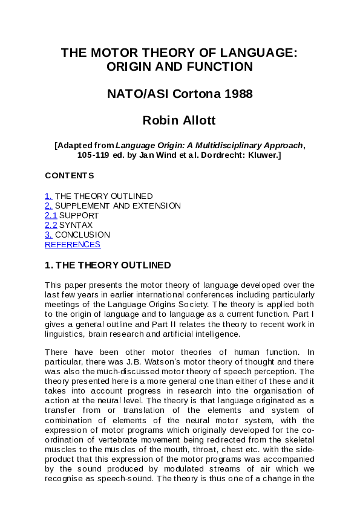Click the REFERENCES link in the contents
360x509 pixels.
pyautogui.click(x=73, y=245)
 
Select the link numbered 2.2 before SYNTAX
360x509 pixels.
pyautogui.click(x=51, y=225)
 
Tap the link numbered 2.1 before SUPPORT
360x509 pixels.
pyautogui.click(x=51, y=216)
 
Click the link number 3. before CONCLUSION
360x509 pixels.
pyautogui.click(x=48, y=235)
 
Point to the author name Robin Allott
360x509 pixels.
pyautogui.click(x=179, y=120)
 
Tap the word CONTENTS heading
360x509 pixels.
pyautogui.click(x=70, y=176)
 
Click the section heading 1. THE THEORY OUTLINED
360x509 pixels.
pyautogui.click(x=108, y=265)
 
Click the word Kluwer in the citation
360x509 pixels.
pyautogui.click(x=261, y=155)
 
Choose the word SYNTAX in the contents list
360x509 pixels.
pyautogui.click(x=76, y=225)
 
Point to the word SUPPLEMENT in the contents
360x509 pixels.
pyautogui.click(x=82, y=206)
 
